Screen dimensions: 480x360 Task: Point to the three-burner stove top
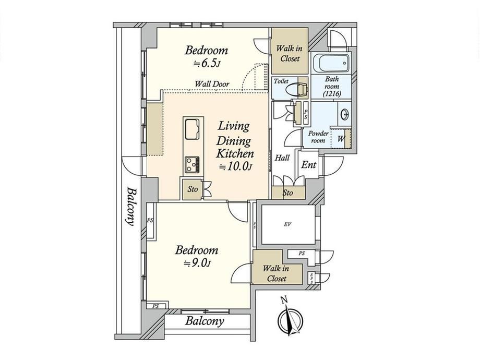point(192,165)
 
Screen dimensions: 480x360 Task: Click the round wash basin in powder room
point(345,115)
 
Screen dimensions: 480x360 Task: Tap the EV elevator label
point(287,224)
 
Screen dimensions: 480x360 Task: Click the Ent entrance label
point(308,165)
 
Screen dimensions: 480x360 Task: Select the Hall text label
point(282,158)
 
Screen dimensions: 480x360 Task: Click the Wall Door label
point(212,83)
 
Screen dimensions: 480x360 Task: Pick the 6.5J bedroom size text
point(207,64)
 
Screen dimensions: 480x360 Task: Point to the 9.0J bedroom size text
point(197,263)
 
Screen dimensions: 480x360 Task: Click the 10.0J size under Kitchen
point(235,166)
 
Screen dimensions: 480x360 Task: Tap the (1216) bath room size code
point(332,94)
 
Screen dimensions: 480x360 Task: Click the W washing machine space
point(341,138)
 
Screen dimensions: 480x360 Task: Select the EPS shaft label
point(311,278)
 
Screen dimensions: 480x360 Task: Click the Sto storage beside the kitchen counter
point(193,189)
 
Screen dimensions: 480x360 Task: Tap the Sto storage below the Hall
point(288,193)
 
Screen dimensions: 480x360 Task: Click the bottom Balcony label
point(205,321)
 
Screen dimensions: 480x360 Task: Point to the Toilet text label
point(281,81)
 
